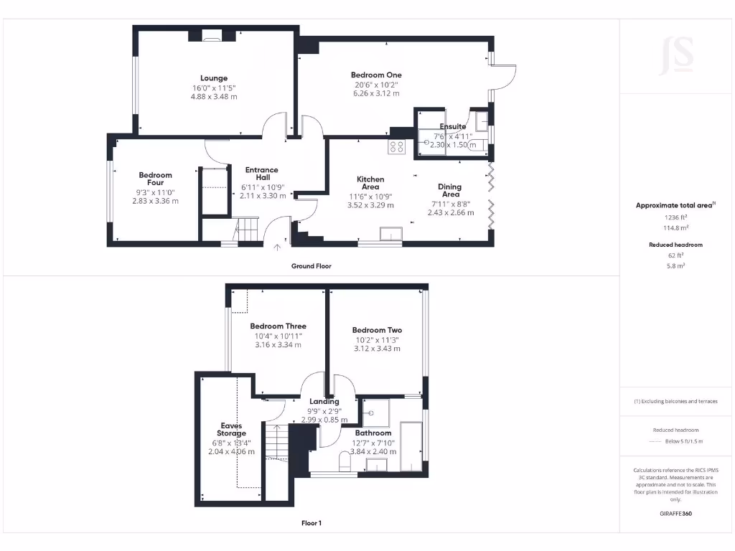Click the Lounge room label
[x=214, y=78]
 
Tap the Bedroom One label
[x=376, y=75]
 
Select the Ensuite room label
[x=453, y=127]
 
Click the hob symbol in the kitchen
[x=397, y=146]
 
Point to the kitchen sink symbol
[x=392, y=235]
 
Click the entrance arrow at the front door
[x=278, y=248]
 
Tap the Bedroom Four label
[x=155, y=179]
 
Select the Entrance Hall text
[x=262, y=174]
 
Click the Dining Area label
[x=450, y=190]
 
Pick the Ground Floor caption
[x=311, y=266]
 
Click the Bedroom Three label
[x=278, y=326]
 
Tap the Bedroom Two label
[x=377, y=331]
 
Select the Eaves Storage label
[x=231, y=430]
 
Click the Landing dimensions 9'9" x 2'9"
[x=324, y=411]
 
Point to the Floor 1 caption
[x=311, y=523]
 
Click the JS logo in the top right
[x=677, y=55]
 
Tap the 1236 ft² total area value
[x=676, y=217]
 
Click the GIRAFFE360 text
[x=676, y=514]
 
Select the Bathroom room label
[x=373, y=433]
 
